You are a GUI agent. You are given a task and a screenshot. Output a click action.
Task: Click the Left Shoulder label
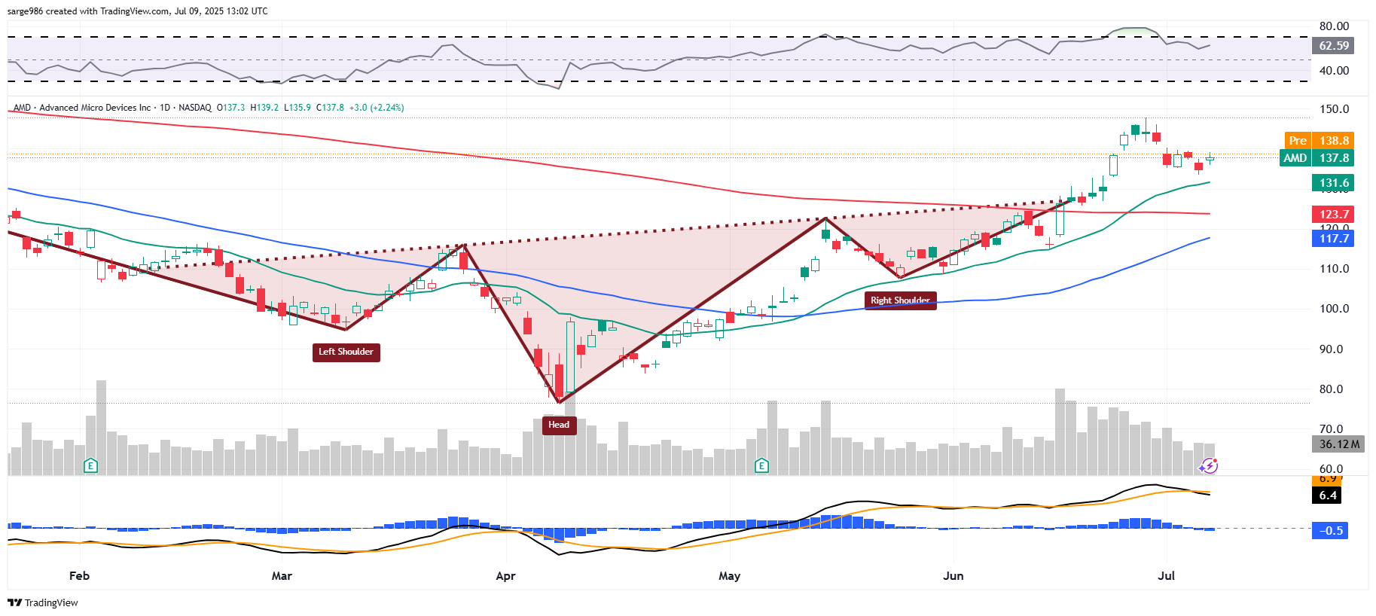pyautogui.click(x=346, y=352)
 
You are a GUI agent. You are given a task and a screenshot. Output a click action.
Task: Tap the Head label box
pyautogui.click(x=559, y=425)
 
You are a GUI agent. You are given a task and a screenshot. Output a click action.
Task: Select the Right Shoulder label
pyautogui.click(x=900, y=300)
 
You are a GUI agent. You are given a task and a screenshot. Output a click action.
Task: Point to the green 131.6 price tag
pyautogui.click(x=1333, y=183)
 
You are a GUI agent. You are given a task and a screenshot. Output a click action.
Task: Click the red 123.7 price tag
pyautogui.click(x=1333, y=215)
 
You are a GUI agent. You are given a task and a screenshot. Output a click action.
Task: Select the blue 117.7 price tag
pyautogui.click(x=1333, y=239)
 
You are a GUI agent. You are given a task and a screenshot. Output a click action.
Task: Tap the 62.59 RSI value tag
pyautogui.click(x=1333, y=46)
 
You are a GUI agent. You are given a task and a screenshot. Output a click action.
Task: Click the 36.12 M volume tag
pyautogui.click(x=1339, y=444)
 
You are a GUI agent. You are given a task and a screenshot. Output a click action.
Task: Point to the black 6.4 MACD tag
pyautogui.click(x=1328, y=496)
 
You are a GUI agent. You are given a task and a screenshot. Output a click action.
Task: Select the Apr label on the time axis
pyautogui.click(x=505, y=576)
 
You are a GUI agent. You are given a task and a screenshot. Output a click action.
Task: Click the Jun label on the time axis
pyautogui.click(x=953, y=576)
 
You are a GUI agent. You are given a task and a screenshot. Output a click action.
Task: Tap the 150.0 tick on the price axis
pyautogui.click(x=1334, y=109)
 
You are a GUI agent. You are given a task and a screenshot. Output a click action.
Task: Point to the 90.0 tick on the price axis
pyautogui.click(x=1334, y=349)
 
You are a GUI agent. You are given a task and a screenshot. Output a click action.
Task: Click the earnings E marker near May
pyautogui.click(x=761, y=465)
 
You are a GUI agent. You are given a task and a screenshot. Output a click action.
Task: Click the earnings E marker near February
pyautogui.click(x=90, y=465)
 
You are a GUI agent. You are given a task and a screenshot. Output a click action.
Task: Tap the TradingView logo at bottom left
pyautogui.click(x=43, y=602)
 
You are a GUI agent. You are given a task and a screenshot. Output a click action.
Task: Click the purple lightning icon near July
pyautogui.click(x=1209, y=466)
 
